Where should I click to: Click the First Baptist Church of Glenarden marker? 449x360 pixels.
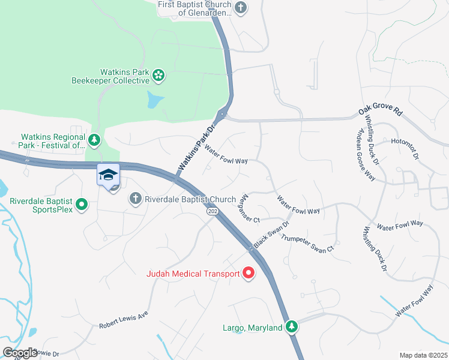[240, 8]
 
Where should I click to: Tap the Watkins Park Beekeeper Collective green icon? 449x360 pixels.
[158, 75]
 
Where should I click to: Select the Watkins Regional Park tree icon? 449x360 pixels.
[94, 140]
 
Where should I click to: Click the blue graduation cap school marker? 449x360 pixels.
[108, 175]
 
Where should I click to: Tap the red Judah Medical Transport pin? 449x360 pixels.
[249, 274]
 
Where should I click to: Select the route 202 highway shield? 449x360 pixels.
[212, 212]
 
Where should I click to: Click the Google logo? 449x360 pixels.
[20, 352]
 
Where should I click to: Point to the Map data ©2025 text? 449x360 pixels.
[423, 355]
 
